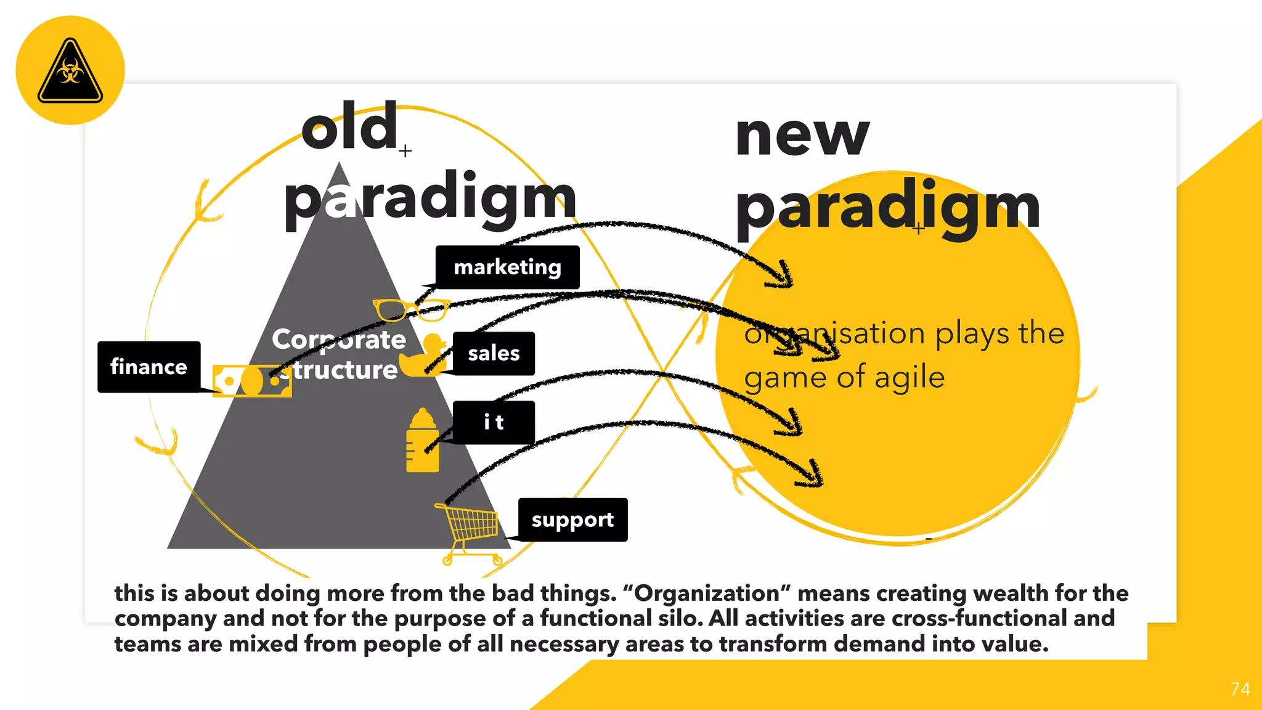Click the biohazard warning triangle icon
[x=70, y=71]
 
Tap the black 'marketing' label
[x=507, y=267]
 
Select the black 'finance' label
[x=149, y=367]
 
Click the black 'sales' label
[x=494, y=353]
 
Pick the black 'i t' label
[x=494, y=422]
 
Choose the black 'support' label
[x=572, y=520]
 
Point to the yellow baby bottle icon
[x=423, y=441]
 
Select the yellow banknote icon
[x=251, y=381]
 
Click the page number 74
[x=1240, y=689]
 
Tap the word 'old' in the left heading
[x=349, y=128]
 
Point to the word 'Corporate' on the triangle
[x=339, y=339]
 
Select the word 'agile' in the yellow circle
[x=910, y=377]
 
